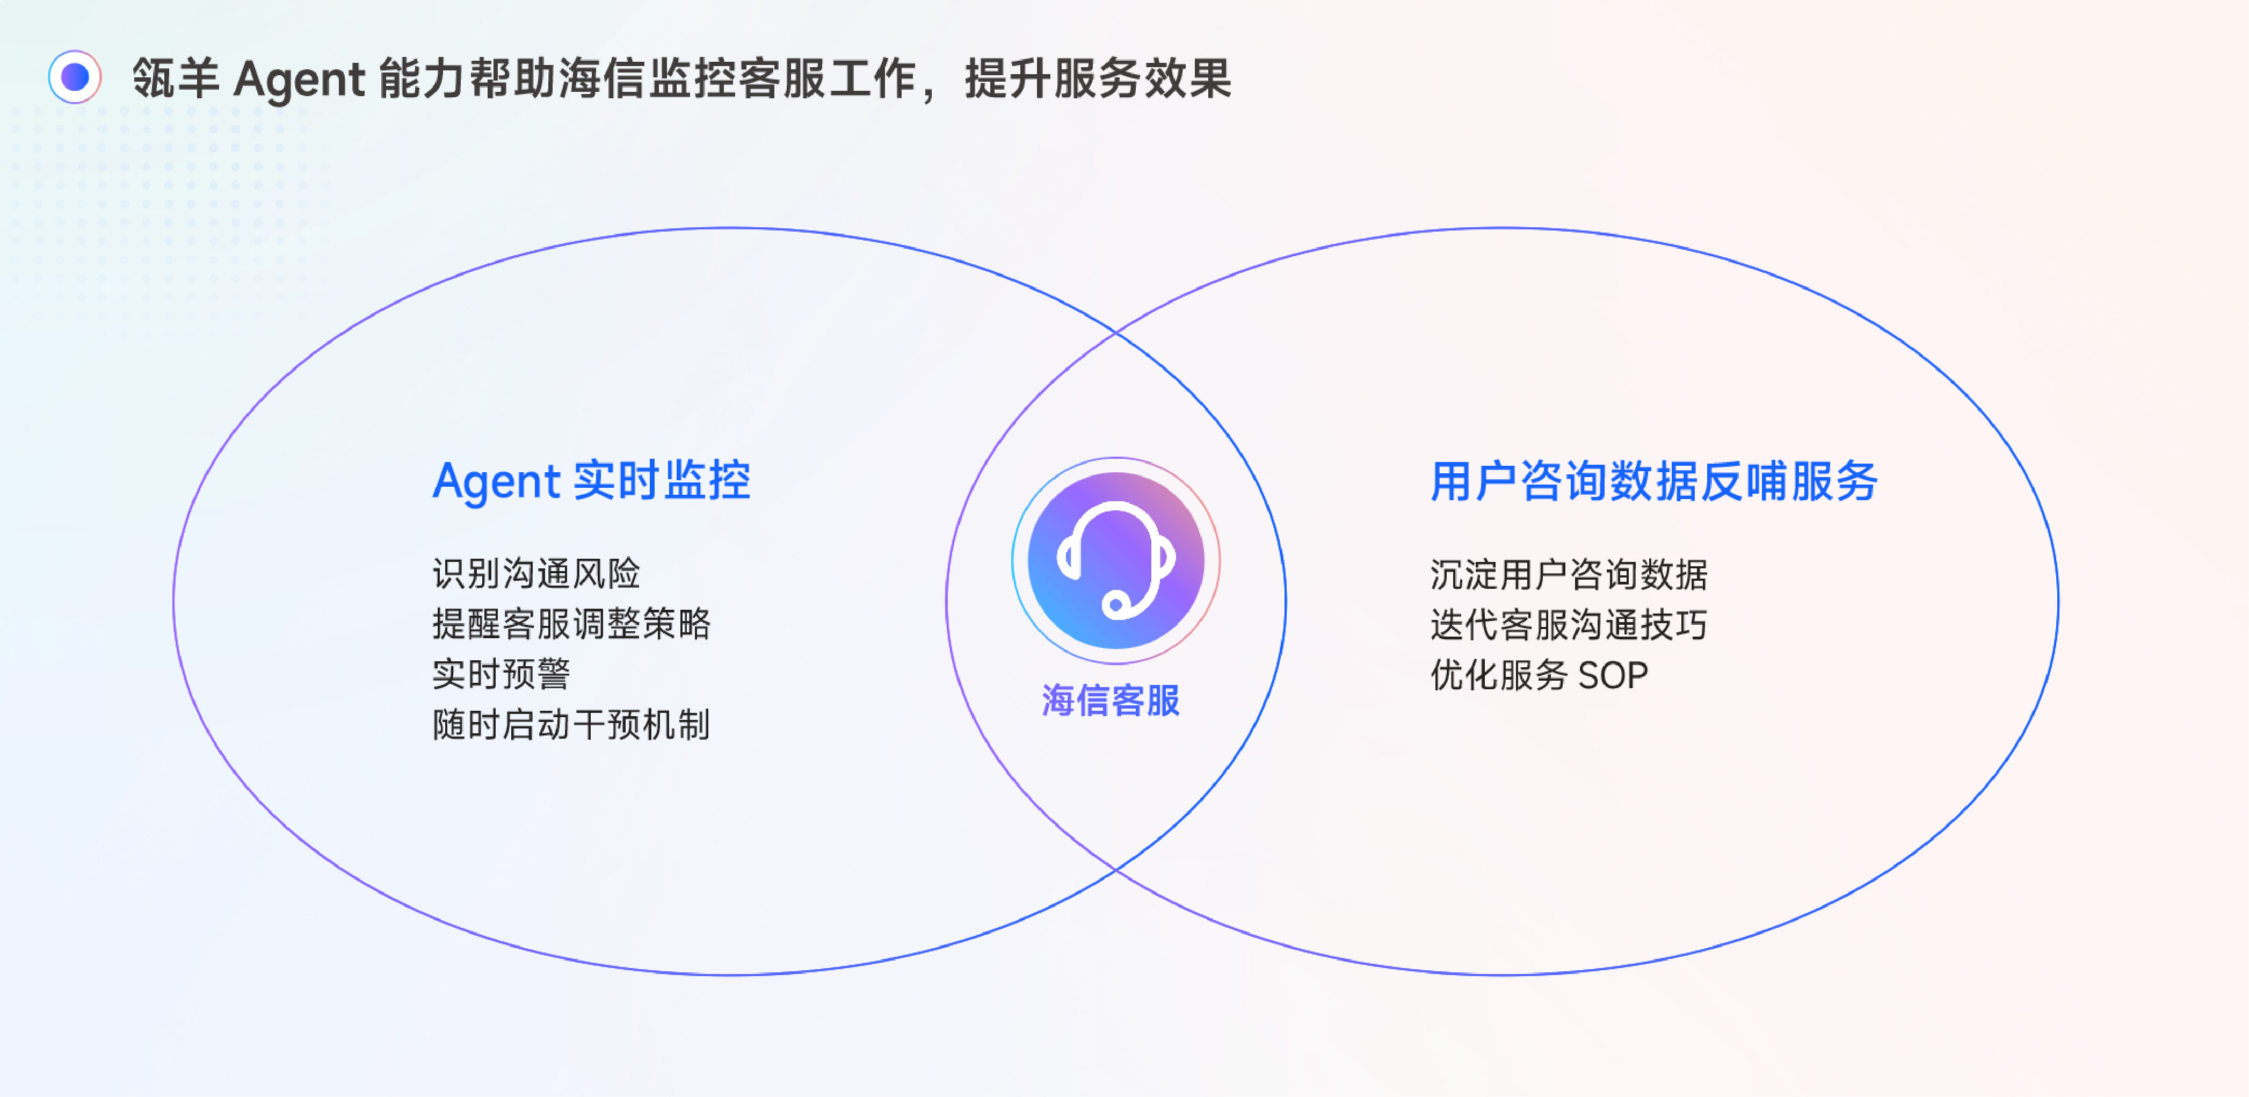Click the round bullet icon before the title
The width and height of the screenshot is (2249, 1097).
(x=75, y=78)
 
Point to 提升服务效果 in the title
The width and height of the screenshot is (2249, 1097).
(x=1098, y=78)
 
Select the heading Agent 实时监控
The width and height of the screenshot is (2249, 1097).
(x=591, y=481)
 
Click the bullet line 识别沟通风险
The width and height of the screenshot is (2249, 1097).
(x=536, y=574)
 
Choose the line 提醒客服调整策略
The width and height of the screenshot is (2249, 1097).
(x=571, y=624)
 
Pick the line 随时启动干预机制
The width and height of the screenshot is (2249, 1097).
(x=571, y=725)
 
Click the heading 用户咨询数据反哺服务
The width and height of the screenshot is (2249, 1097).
(x=1653, y=481)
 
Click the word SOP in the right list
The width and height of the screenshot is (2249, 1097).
(x=1613, y=675)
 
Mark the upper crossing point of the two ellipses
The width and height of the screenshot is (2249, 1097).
(x=1116, y=333)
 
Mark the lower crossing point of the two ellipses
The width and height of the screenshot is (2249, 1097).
(x=1116, y=870)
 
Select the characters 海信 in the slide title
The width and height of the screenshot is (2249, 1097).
(x=601, y=78)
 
